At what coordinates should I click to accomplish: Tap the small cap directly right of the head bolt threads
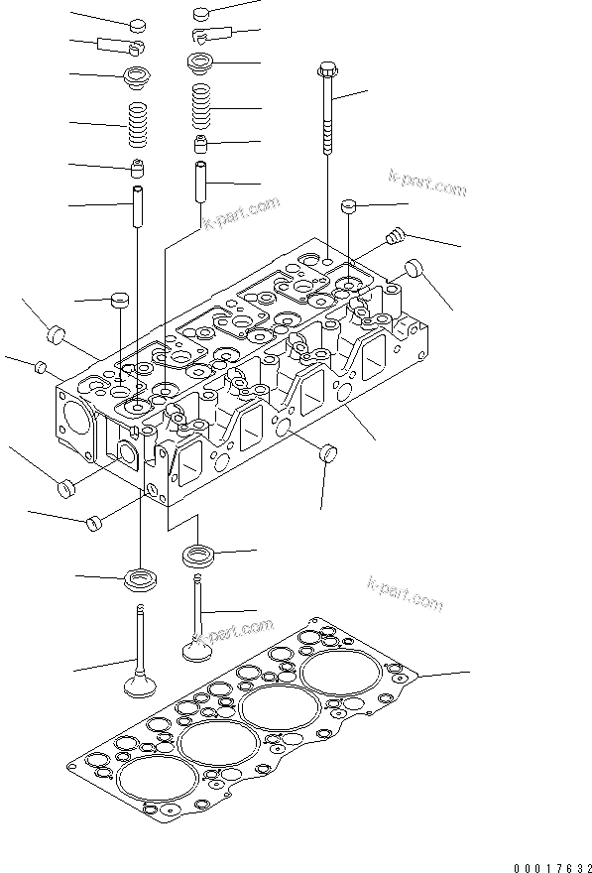pos(349,205)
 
